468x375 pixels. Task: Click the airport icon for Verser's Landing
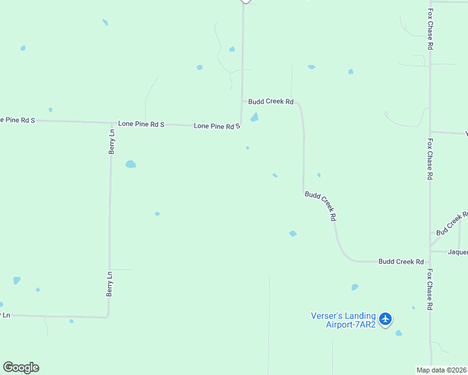tap(385, 319)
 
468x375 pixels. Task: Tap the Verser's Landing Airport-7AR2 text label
tap(343, 320)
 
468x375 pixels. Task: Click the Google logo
tap(21, 367)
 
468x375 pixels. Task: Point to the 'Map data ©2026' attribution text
tap(442, 370)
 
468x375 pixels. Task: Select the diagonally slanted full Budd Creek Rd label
tap(321, 206)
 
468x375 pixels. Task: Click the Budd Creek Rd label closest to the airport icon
tap(401, 261)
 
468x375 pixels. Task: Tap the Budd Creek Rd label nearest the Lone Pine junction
tap(271, 101)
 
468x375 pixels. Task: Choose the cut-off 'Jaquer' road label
tap(458, 252)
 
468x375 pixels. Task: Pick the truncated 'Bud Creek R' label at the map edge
tap(452, 223)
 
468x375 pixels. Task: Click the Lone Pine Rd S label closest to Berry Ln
tap(141, 125)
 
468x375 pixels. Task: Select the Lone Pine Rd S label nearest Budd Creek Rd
tap(217, 126)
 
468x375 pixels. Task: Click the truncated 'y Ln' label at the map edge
tap(5, 315)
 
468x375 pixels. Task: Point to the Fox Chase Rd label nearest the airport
tap(430, 289)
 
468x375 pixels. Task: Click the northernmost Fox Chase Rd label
tap(430, 29)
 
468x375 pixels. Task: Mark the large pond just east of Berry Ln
tap(130, 164)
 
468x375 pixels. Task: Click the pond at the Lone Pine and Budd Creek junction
tap(255, 117)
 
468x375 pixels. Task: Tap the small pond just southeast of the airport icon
tap(399, 333)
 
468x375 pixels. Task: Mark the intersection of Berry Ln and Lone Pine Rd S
tap(111, 123)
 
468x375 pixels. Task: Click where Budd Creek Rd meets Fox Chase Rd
tap(430, 261)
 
